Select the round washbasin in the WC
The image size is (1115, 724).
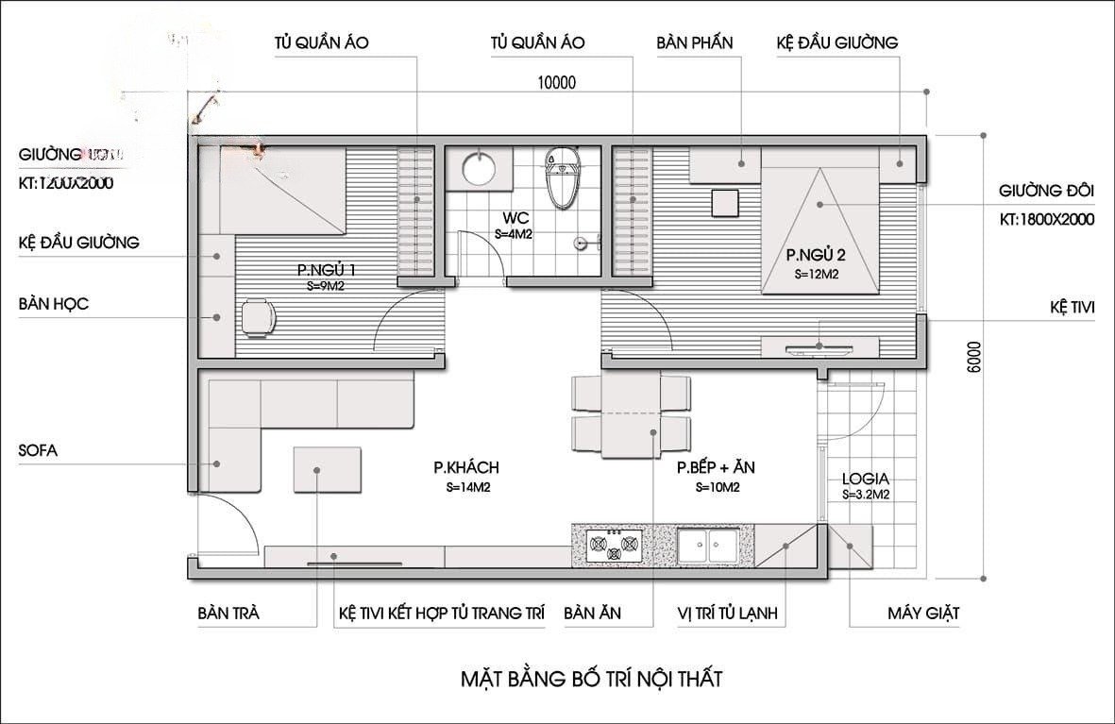480,171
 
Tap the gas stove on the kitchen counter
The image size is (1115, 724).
613,546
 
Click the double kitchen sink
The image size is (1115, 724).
710,545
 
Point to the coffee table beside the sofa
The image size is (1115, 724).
327,469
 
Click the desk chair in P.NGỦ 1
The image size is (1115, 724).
256,316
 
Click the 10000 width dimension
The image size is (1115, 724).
556,82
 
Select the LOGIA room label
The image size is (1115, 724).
865,479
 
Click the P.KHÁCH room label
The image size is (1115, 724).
466,467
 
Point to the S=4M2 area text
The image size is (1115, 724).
514,234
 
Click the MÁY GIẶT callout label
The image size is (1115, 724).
922,613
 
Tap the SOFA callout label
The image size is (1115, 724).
38,450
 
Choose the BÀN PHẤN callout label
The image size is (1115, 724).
694,42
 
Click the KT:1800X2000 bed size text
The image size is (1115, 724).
1046,220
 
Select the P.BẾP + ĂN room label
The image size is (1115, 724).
716,467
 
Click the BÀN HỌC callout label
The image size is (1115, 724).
53,305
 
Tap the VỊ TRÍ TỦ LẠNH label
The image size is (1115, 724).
726,613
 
